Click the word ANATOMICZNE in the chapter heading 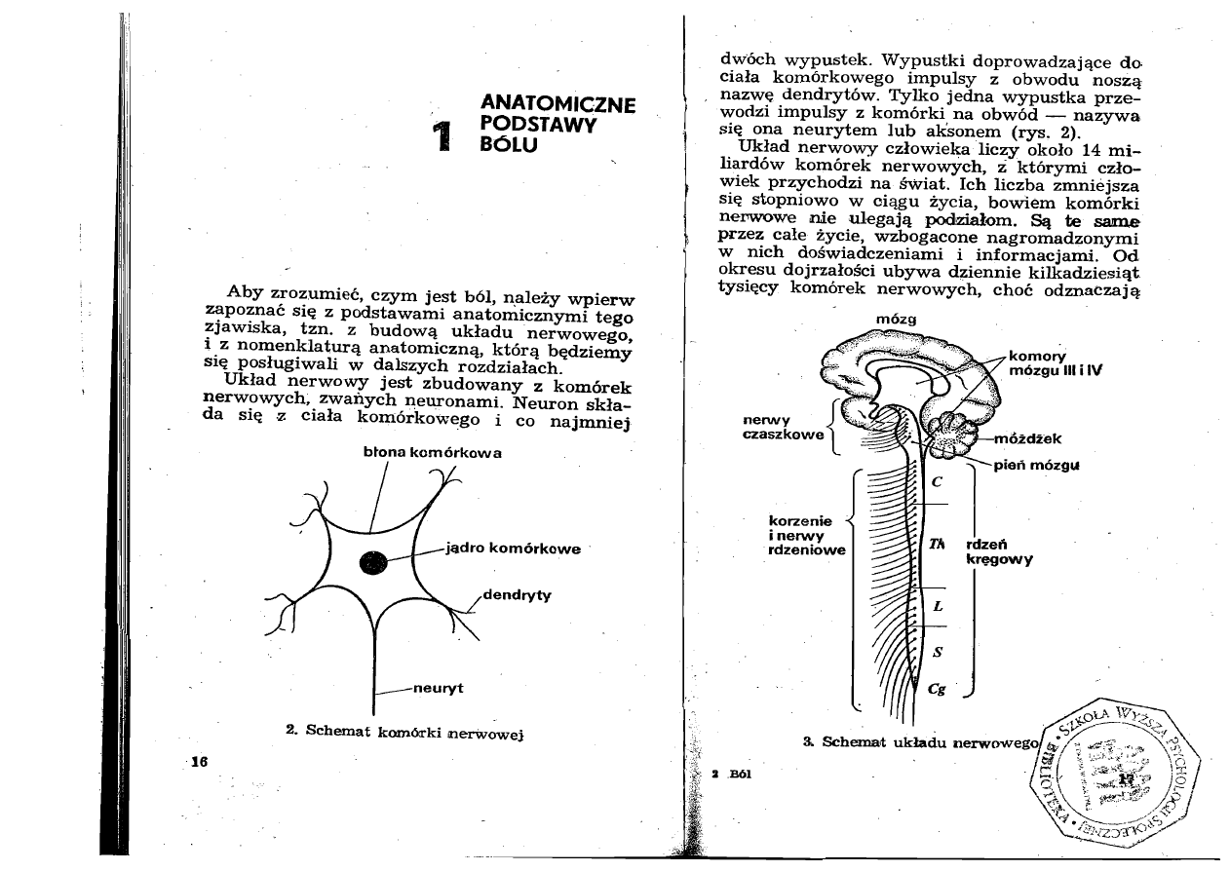click(558, 104)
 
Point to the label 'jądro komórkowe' click(513, 548)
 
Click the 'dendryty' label click(518, 596)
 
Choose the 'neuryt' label click(438, 689)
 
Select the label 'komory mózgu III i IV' click(1054, 362)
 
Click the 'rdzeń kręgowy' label click(998, 552)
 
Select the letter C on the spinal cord click(936, 481)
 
